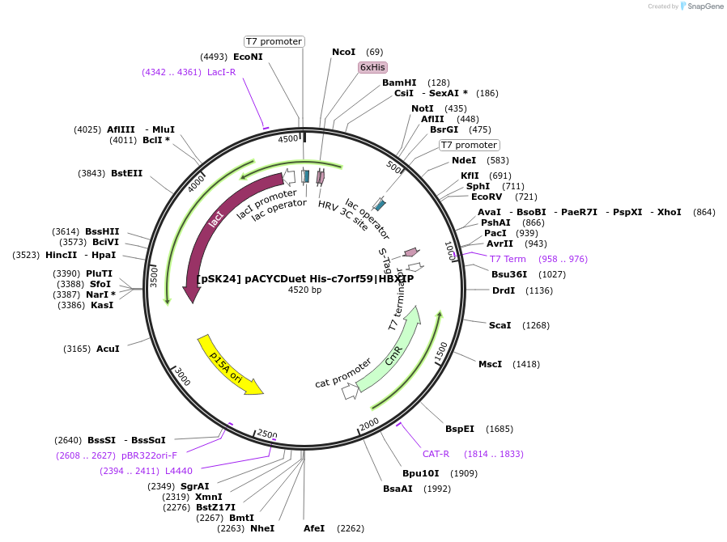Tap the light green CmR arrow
point(393,351)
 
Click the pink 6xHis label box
point(372,67)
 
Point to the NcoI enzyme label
point(344,52)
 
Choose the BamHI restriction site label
point(399,83)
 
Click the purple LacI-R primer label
point(221,72)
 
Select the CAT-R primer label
point(436,454)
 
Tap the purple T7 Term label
point(508,259)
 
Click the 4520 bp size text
point(304,290)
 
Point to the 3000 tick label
point(183,377)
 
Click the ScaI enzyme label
point(500,325)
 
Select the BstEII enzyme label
point(126,173)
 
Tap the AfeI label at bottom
point(314,528)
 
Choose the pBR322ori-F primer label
point(149,455)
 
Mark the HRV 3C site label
point(342,216)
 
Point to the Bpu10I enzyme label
point(420,473)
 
